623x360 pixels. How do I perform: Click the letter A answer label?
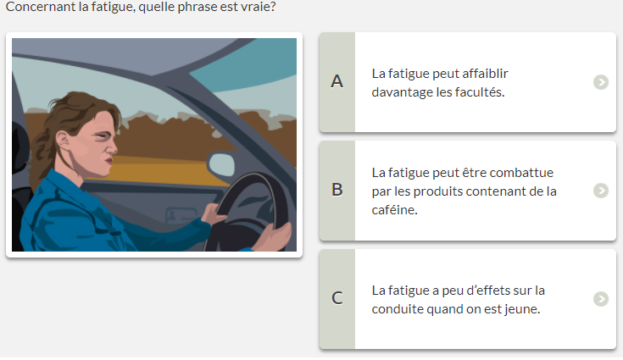337,81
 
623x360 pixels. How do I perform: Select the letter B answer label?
337,190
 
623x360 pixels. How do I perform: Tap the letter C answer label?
337,298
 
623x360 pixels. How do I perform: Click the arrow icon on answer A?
601,82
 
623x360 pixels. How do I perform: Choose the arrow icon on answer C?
601,299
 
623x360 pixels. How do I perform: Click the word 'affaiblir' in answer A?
485,74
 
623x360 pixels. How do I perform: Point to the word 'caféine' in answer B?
393,209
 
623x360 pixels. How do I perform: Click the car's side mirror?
221,164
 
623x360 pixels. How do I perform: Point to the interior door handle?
181,215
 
